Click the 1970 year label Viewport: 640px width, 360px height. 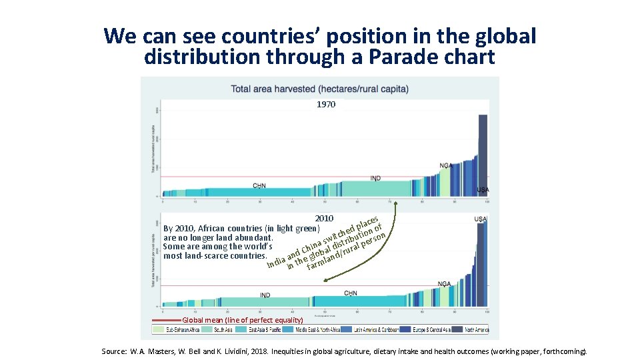click(326, 105)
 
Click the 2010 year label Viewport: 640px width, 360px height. click(324, 219)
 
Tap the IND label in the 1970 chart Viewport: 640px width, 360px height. click(376, 179)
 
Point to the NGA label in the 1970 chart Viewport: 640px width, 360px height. click(445, 165)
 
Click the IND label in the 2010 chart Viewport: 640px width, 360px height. click(265, 295)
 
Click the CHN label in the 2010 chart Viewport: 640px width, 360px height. click(351, 293)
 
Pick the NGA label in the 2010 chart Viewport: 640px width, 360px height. click(444, 284)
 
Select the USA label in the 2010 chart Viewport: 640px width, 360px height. click(480, 219)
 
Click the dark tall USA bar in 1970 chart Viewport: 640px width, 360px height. click(483, 153)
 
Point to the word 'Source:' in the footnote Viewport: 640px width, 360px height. click(114, 351)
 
